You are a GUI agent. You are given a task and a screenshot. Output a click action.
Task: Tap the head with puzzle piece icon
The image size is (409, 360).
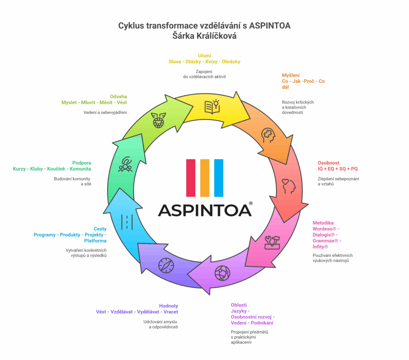tap(268, 136)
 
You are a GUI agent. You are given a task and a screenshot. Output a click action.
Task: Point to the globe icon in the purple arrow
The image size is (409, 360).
tap(222, 273)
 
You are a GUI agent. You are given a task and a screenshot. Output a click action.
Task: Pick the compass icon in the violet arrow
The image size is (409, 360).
tap(166, 265)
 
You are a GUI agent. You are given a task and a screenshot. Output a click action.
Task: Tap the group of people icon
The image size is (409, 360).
tap(125, 165)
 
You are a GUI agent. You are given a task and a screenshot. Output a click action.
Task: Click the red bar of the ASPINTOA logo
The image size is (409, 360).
tap(191, 178)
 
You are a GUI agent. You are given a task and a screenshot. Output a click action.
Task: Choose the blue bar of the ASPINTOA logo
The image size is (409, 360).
tap(218, 178)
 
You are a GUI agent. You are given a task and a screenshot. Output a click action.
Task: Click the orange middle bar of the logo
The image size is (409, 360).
tap(204, 178)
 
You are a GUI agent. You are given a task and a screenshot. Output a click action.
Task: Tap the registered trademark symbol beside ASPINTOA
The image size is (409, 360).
tap(250, 203)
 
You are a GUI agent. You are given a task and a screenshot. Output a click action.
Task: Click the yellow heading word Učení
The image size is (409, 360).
tap(204, 55)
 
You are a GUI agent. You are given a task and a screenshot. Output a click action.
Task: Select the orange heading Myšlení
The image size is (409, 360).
tap(291, 75)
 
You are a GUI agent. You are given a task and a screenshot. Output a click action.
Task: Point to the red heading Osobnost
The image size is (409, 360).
tap(328, 163)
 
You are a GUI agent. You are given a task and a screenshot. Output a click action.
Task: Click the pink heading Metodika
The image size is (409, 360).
tap(323, 223)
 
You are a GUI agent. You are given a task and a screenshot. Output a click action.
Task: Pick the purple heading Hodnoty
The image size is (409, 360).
tap(169, 306)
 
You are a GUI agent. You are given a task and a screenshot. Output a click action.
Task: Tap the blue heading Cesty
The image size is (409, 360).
tap(100, 229)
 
